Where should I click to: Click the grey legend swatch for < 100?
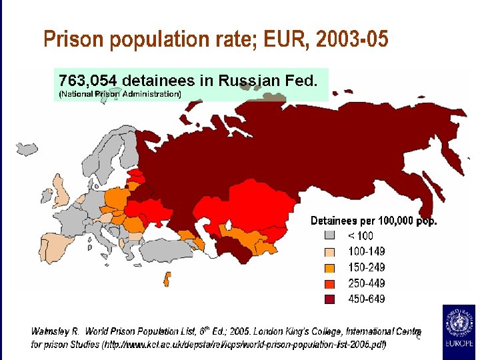point(329,235)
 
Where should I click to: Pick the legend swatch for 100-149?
point(329,251)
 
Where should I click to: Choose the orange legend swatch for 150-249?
point(329,267)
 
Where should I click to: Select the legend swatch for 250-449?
point(329,283)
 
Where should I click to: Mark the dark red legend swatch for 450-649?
point(329,299)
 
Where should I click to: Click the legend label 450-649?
point(366,299)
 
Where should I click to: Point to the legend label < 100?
point(361,235)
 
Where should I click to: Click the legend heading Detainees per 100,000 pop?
point(373,221)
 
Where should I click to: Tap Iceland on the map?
point(27,148)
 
